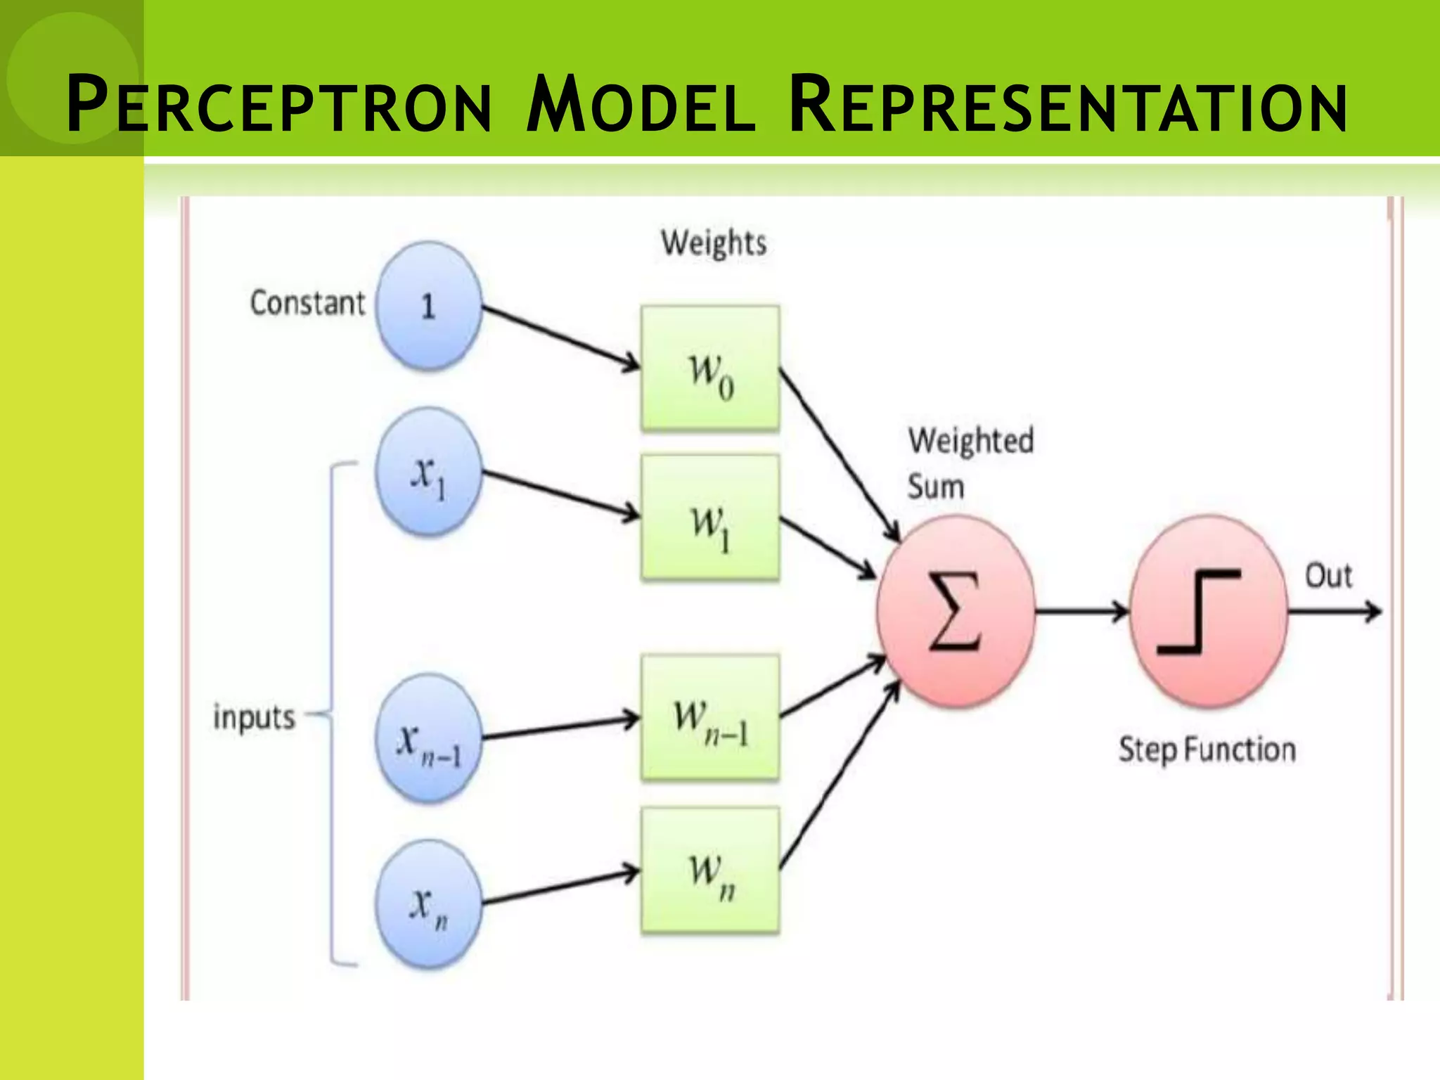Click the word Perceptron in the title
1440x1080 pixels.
[279, 105]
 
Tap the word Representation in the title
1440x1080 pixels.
[1067, 105]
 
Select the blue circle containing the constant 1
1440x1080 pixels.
[428, 306]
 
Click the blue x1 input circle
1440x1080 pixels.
[428, 472]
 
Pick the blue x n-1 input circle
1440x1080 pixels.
[428, 738]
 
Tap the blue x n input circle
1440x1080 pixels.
[428, 904]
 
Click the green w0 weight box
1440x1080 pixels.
[710, 368]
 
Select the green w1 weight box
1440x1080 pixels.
[710, 518]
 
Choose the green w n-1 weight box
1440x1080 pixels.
[710, 717]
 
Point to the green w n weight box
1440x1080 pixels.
[710, 870]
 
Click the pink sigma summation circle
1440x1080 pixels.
[955, 612]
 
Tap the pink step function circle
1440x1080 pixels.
[1208, 612]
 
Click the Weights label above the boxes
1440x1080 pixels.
[713, 243]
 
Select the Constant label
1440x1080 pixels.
[307, 303]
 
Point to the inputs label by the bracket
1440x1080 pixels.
[254, 718]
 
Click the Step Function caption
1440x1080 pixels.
[1207, 750]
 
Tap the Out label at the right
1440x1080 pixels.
[1327, 576]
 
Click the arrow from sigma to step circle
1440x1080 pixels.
[1081, 612]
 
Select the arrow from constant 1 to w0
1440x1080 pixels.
[560, 337]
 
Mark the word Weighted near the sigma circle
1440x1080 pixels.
[970, 442]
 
